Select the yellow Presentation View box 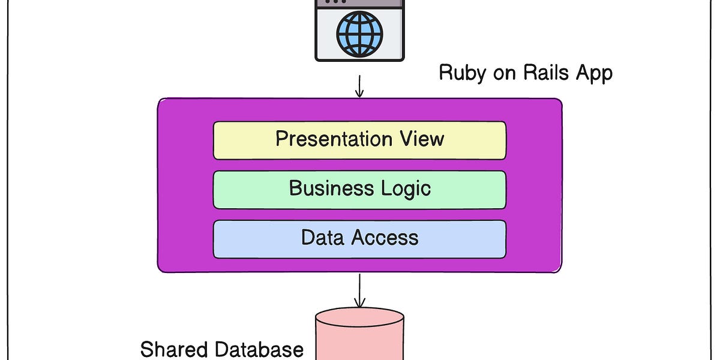[359, 140]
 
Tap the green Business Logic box [359, 190]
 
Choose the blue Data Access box [359, 239]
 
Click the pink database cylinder [359, 336]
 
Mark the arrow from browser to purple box [359, 85]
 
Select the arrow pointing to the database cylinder [359, 290]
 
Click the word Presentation [332, 139]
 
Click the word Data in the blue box [326, 238]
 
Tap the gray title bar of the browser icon [359, 3]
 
